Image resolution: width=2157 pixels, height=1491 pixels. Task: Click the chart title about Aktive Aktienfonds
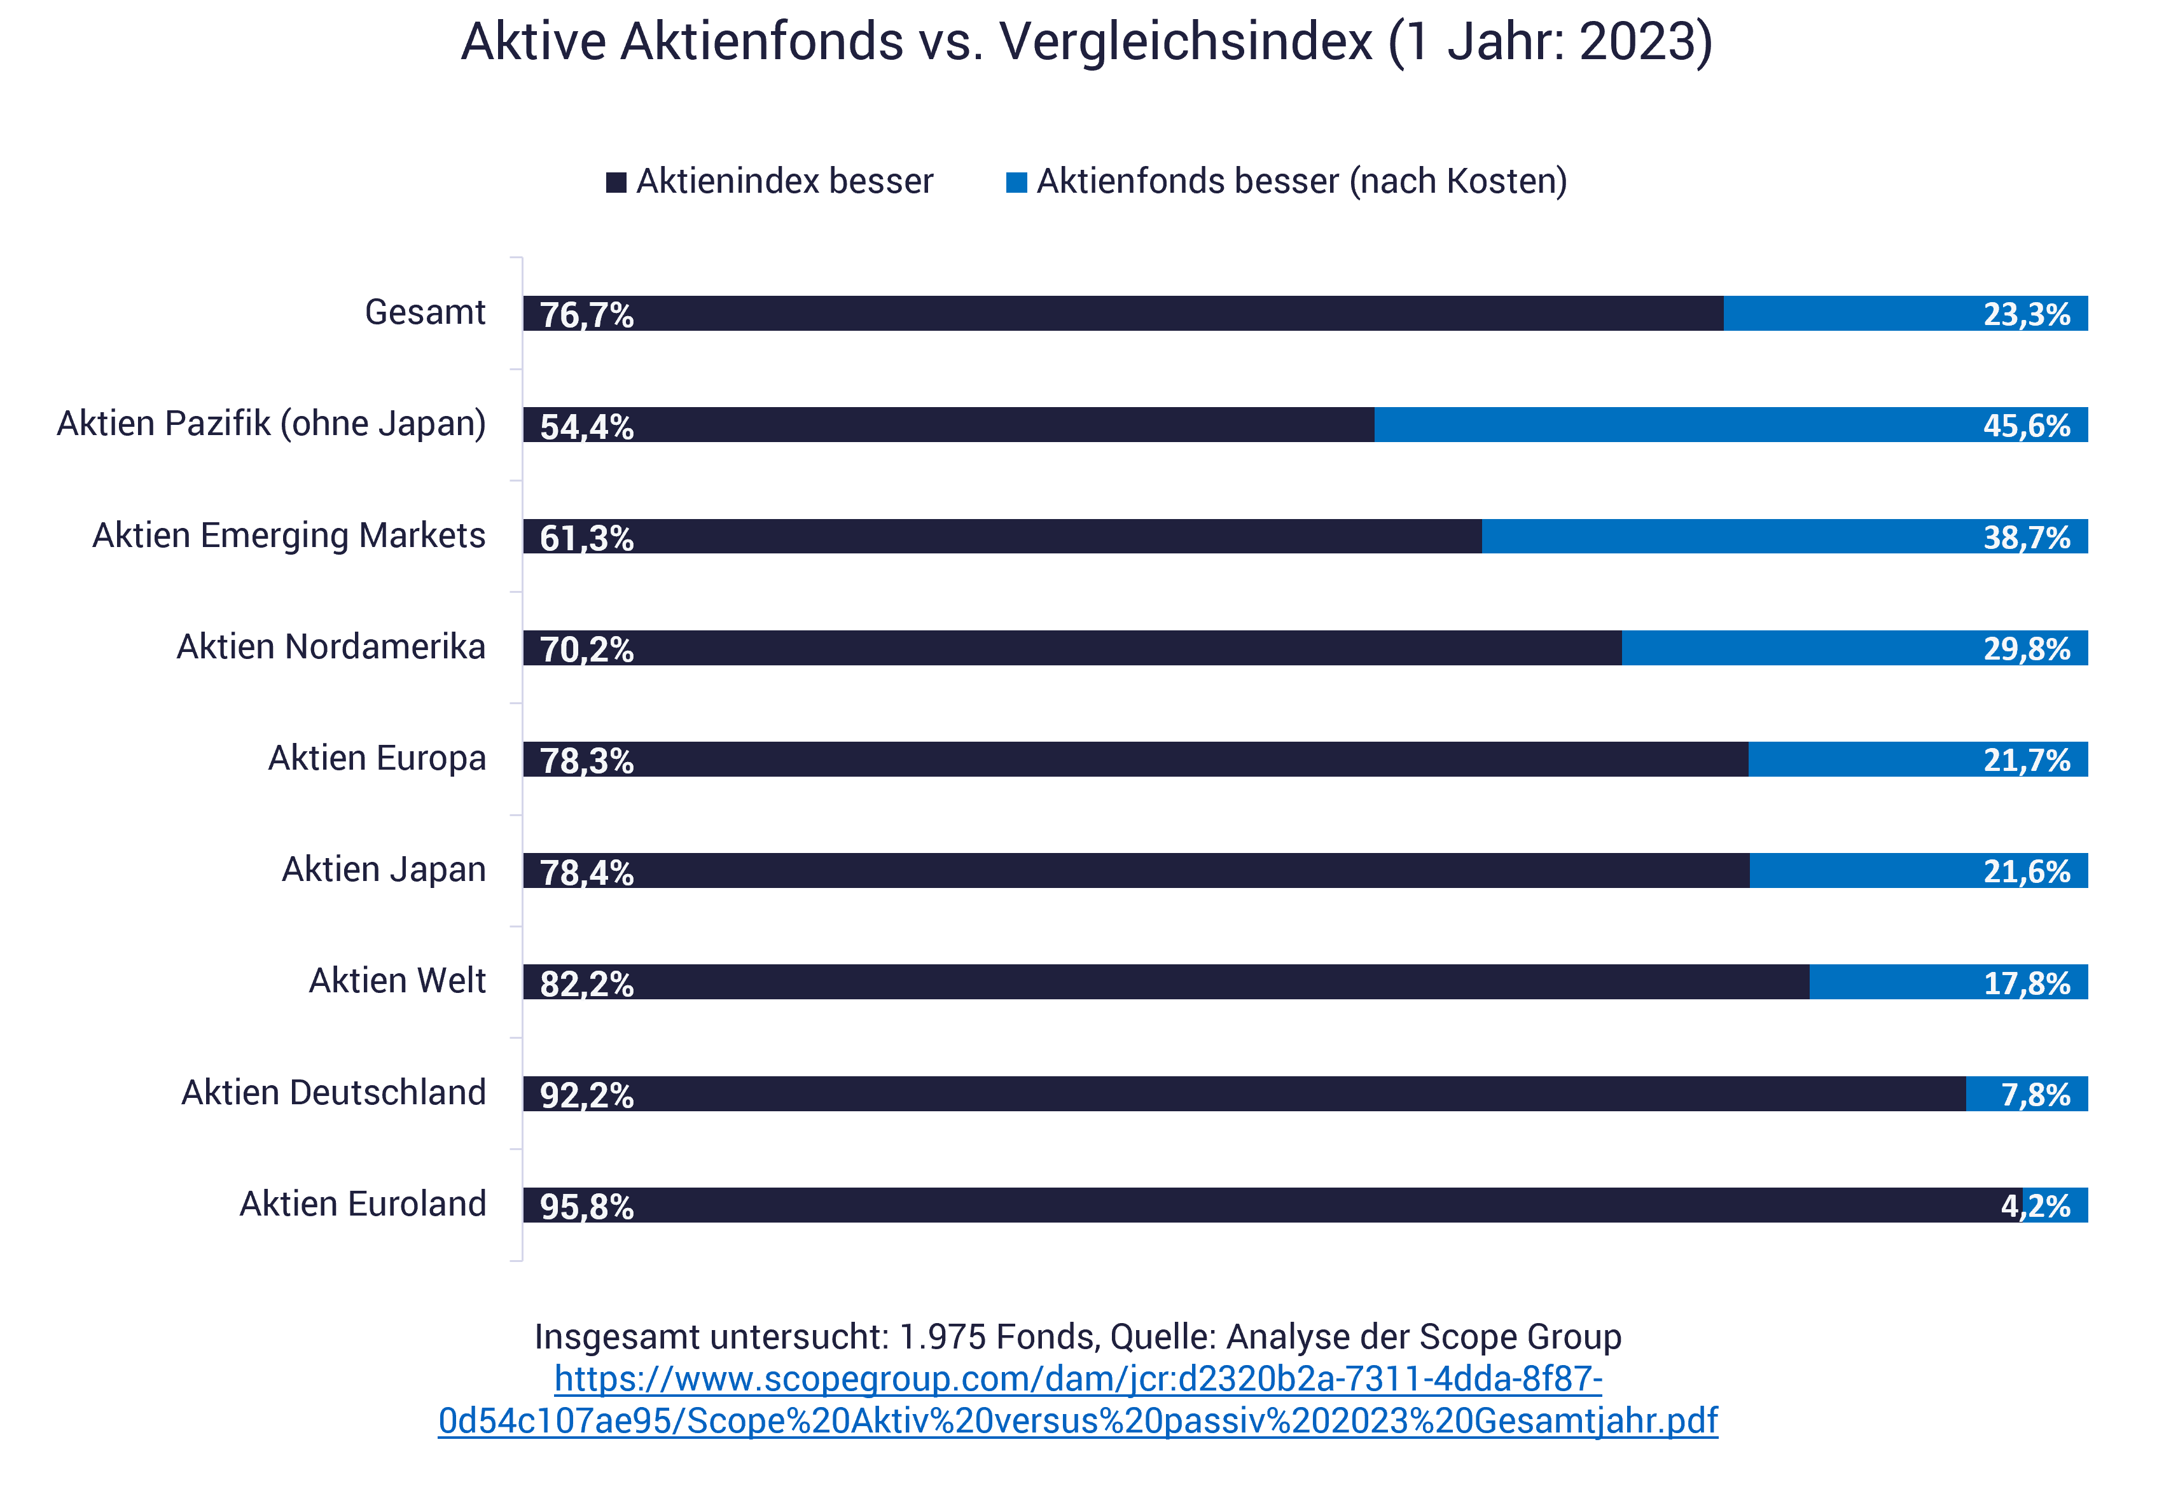(1086, 42)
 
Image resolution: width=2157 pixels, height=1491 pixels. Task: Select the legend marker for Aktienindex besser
(616, 182)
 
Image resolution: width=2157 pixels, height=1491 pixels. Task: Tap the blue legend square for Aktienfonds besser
(1016, 182)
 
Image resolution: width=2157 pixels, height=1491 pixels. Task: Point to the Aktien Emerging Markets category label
(289, 536)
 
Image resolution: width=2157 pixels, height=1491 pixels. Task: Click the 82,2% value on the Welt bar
(586, 984)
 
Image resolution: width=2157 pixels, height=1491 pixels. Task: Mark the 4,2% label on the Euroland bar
(2035, 1206)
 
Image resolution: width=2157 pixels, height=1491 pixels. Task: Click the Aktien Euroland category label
(363, 1204)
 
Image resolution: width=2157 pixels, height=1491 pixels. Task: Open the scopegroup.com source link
(1078, 1399)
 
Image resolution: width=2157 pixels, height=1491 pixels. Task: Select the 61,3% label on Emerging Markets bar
(586, 538)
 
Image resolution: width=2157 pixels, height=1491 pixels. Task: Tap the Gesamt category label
(424, 312)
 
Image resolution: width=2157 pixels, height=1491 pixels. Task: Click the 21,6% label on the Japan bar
(2026, 871)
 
